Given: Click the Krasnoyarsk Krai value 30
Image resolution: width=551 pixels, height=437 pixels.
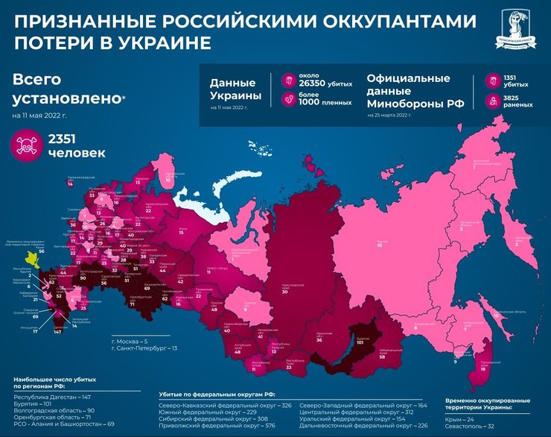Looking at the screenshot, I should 284,291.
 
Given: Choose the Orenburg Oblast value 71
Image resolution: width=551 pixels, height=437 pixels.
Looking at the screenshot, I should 132,304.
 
